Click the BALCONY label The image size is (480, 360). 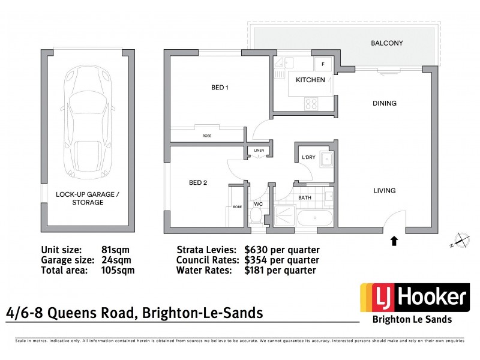tap(386, 43)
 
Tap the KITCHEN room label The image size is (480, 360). tap(310, 80)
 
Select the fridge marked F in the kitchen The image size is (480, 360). tap(323, 64)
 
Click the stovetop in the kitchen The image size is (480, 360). tap(311, 104)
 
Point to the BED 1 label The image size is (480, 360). tap(220, 88)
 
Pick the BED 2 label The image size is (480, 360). tap(198, 182)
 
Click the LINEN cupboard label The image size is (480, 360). tap(259, 151)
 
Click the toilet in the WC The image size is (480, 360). tap(257, 220)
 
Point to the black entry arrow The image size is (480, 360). tap(394, 241)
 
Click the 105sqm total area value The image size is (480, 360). tap(118, 270)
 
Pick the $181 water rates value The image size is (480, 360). tap(256, 270)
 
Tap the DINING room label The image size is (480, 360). tap(384, 103)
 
